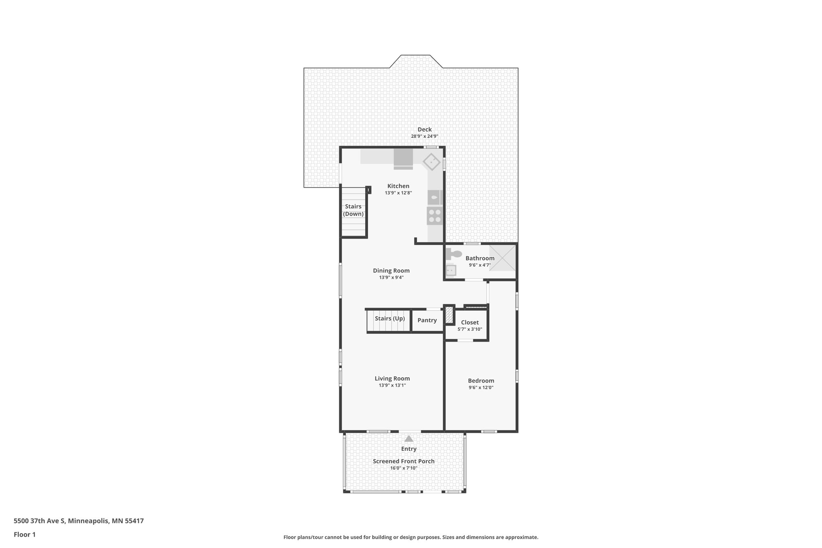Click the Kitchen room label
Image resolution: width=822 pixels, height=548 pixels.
pyautogui.click(x=398, y=186)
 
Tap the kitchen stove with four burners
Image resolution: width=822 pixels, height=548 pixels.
pyautogui.click(x=434, y=216)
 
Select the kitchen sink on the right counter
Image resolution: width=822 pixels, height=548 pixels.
pyautogui.click(x=434, y=197)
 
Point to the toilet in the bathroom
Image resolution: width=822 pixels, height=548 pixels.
pyautogui.click(x=454, y=254)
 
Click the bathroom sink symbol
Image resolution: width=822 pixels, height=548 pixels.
pyautogui.click(x=451, y=270)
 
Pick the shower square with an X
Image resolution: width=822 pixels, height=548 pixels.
pyautogui.click(x=502, y=258)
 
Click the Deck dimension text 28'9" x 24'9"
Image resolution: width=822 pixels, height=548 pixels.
pyautogui.click(x=424, y=136)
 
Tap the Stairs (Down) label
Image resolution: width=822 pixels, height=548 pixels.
pyautogui.click(x=353, y=210)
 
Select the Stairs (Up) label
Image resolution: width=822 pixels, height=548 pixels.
pyautogui.click(x=389, y=318)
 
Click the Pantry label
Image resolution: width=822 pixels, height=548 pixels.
pyautogui.click(x=427, y=320)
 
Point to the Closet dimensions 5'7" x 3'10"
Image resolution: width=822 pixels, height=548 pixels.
pyautogui.click(x=470, y=329)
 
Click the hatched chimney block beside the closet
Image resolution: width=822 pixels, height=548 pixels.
pyautogui.click(x=449, y=315)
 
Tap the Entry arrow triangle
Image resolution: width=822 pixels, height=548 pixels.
pyautogui.click(x=409, y=439)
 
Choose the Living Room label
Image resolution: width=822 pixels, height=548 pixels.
pyautogui.click(x=392, y=378)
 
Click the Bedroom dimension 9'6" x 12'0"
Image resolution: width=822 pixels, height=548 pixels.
pyautogui.click(x=481, y=387)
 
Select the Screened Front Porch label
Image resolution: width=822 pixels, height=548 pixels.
pyautogui.click(x=403, y=461)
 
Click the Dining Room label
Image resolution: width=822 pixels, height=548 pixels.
pyautogui.click(x=391, y=271)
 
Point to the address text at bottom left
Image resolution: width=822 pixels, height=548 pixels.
pyautogui.click(x=79, y=521)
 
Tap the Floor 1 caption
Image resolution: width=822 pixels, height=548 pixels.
pyautogui.click(x=24, y=534)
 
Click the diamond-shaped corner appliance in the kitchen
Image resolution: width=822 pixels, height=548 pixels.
pyautogui.click(x=431, y=162)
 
